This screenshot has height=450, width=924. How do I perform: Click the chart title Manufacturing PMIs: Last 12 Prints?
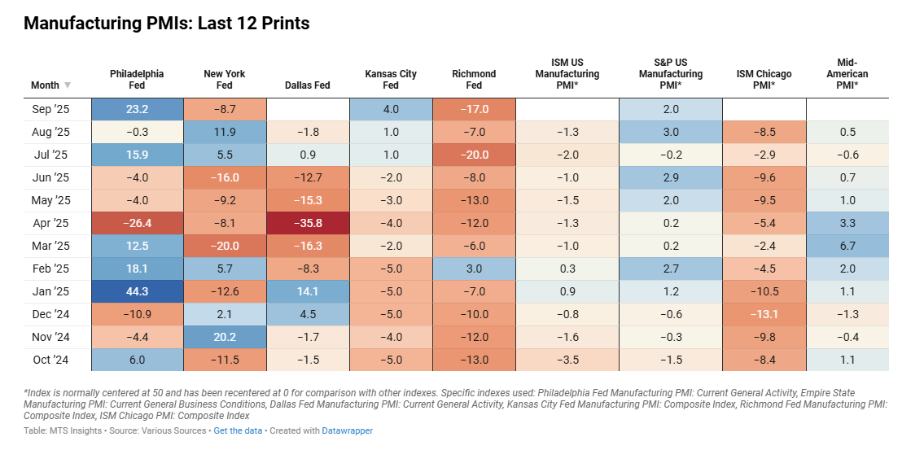(167, 24)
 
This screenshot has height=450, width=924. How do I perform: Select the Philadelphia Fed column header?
(137, 79)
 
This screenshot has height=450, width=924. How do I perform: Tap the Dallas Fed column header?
(308, 85)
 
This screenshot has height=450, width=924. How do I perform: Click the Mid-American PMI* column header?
(852, 73)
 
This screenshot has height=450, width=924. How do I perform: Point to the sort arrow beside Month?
(68, 85)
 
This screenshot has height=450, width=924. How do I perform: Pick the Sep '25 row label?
(51, 109)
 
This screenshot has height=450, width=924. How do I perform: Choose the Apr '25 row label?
(50, 200)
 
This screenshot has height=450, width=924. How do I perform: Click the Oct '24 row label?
(50, 360)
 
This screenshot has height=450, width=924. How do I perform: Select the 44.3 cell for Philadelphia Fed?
(137, 291)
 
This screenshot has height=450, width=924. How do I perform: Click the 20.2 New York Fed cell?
(224, 337)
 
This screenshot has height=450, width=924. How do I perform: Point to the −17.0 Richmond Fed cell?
(474, 109)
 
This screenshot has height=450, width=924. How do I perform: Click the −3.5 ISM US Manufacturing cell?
(567, 360)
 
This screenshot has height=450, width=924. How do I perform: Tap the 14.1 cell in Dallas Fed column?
(308, 291)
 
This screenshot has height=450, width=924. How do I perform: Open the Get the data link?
(238, 430)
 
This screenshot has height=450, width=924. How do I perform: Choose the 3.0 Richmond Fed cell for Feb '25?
(474, 269)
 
